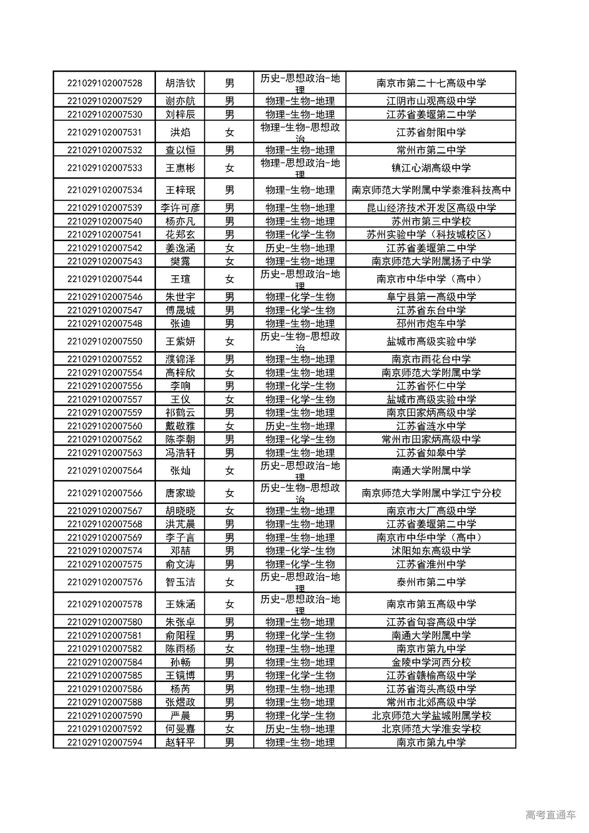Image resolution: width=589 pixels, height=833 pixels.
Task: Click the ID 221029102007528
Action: point(104,83)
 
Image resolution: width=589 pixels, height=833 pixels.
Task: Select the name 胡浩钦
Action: point(180,83)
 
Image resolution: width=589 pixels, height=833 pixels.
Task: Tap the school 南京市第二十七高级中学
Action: point(431,83)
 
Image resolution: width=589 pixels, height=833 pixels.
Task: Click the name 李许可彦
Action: point(180,208)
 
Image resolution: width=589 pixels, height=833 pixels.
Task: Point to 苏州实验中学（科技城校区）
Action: point(431,234)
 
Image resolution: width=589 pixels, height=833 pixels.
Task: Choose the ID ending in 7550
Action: point(104,341)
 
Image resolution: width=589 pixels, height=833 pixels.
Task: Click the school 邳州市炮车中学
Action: point(431,324)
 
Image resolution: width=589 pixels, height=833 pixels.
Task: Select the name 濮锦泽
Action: point(180,359)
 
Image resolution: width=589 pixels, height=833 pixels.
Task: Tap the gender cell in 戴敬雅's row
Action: point(230,426)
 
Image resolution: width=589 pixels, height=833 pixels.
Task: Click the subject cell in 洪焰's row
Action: point(300,133)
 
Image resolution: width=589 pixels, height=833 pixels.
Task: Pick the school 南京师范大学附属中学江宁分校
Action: point(431,493)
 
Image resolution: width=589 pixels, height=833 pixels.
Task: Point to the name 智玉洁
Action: point(180,582)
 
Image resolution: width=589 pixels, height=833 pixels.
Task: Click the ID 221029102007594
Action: point(104,742)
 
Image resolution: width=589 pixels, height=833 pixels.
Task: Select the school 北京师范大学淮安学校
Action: point(431,729)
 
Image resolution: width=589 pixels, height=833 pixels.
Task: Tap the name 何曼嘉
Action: point(180,729)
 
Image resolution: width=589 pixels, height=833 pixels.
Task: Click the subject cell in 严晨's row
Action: point(300,715)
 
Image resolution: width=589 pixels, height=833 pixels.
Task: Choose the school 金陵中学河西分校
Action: point(431,662)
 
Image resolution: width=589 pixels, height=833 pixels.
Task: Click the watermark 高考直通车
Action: point(550,815)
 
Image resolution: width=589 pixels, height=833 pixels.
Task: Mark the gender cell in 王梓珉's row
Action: point(230,190)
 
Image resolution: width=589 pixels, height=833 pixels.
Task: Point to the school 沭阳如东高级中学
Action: point(431,550)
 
